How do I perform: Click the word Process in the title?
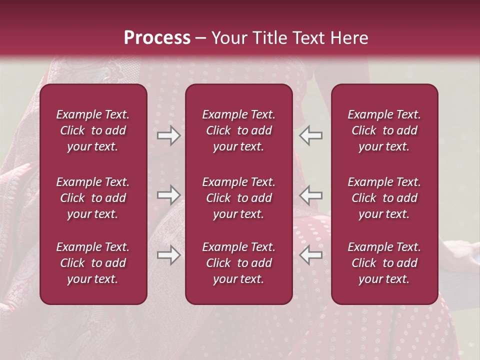click(x=157, y=38)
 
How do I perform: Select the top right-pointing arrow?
click(x=168, y=135)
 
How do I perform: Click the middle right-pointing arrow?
click(x=168, y=194)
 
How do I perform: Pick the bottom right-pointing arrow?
click(x=168, y=255)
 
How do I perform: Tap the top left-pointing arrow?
click(x=310, y=135)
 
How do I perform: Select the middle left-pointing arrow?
click(x=310, y=194)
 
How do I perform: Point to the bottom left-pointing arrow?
click(x=310, y=255)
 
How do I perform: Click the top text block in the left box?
click(x=93, y=130)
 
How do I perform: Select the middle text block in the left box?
click(x=93, y=198)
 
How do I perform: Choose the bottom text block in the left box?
click(x=93, y=263)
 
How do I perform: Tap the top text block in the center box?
click(x=238, y=130)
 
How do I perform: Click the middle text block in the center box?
click(x=238, y=198)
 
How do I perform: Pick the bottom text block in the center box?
click(x=238, y=263)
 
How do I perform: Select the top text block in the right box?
click(x=384, y=130)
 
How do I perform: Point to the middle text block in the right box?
click(x=384, y=198)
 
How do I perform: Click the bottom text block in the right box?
click(x=384, y=263)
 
